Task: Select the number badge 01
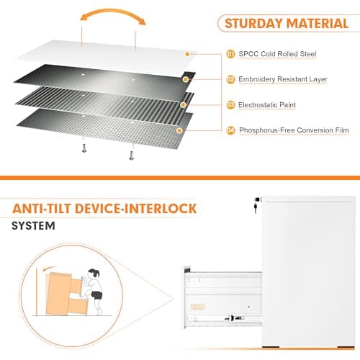[x=231, y=54]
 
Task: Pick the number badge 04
[x=231, y=130]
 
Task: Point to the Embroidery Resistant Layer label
[x=283, y=79]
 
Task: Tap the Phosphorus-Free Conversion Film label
[x=294, y=130]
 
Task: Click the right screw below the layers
[x=131, y=153]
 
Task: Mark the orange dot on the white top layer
[x=188, y=54]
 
